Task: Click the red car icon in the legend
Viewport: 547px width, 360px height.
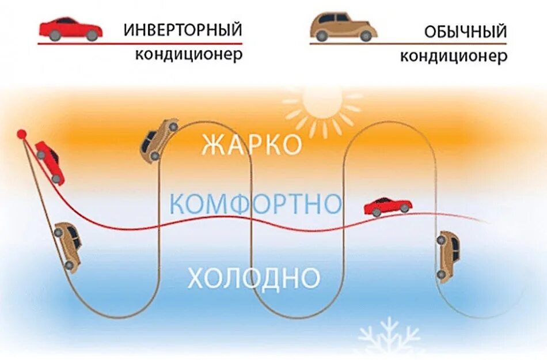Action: point(70,29)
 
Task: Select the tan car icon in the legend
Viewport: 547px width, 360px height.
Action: point(344,28)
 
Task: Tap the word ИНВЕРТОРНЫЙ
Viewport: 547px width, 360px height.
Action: point(183,29)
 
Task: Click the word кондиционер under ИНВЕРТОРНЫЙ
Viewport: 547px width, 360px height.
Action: point(189,55)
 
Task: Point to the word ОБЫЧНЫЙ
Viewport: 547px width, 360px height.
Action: point(465,31)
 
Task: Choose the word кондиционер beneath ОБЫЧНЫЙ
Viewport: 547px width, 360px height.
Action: point(454,56)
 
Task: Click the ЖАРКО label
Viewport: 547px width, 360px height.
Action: point(252,145)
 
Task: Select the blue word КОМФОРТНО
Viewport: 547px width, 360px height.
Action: point(256,204)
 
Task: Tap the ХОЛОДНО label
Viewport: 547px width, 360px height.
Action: point(253,278)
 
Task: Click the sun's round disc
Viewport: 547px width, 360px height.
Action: point(322,105)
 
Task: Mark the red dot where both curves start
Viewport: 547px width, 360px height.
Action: point(22,134)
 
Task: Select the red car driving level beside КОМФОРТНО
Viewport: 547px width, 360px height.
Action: point(388,206)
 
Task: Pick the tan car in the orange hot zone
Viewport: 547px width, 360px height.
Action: point(158,139)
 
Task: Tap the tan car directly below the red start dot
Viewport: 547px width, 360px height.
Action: point(68,247)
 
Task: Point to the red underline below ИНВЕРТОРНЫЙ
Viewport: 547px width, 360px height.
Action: point(140,43)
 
